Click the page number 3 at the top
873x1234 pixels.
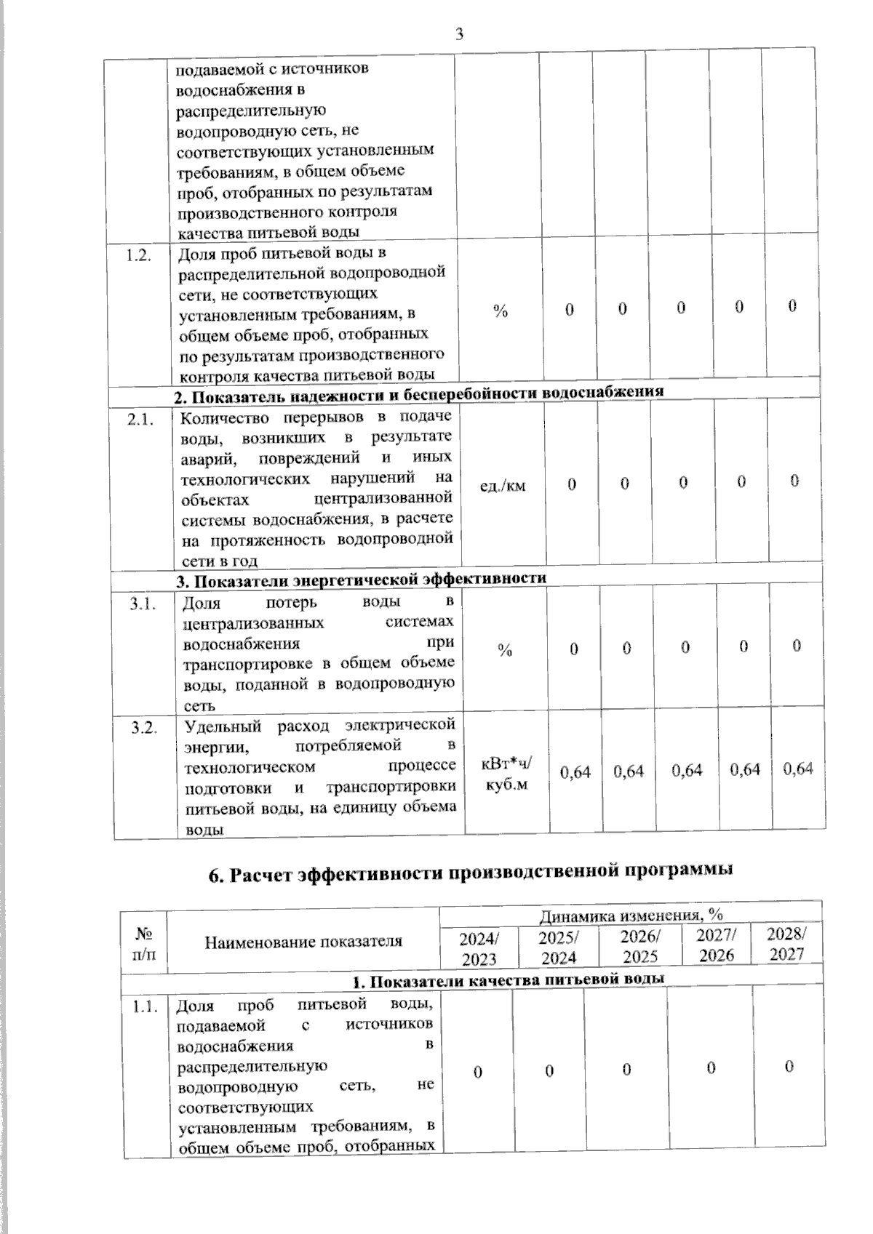point(459,33)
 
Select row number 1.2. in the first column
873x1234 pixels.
point(138,255)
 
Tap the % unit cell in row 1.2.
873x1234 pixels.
point(500,311)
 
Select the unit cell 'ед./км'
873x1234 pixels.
point(503,484)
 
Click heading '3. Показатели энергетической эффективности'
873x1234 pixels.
point(362,579)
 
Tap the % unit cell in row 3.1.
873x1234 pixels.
point(505,650)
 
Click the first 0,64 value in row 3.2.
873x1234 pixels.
point(575,772)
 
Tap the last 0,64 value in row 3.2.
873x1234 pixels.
point(797,769)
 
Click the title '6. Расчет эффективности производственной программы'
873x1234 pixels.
point(470,872)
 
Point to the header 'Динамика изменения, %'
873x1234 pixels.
point(630,915)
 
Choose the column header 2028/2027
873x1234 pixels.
point(786,944)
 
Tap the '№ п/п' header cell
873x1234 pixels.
point(144,942)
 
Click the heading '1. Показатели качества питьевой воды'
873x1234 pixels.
point(508,979)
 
